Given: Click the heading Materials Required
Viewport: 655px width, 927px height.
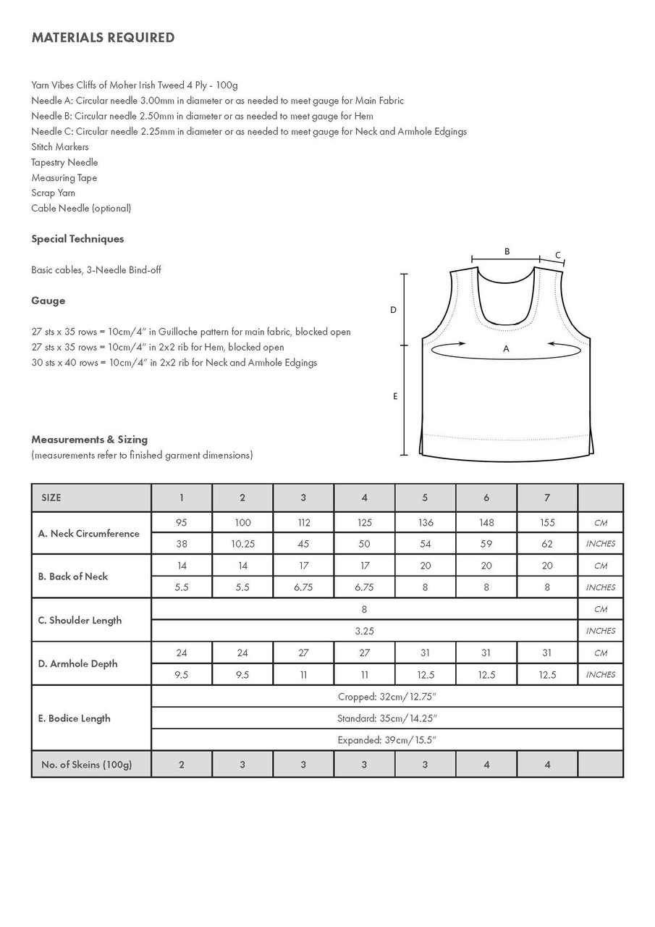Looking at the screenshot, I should pyautogui.click(x=103, y=38).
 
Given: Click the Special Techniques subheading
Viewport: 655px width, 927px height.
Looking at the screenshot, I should pyautogui.click(x=77, y=239).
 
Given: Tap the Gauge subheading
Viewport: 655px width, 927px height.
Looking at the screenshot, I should pyautogui.click(x=48, y=301).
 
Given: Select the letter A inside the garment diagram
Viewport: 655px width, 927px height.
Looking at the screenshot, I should pyautogui.click(x=506, y=349).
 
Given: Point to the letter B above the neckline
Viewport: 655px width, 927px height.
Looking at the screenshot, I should pyautogui.click(x=507, y=251).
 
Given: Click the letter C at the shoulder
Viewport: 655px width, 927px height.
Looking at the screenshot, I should pyautogui.click(x=558, y=255).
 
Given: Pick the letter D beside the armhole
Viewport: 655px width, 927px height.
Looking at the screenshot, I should pyautogui.click(x=393, y=310).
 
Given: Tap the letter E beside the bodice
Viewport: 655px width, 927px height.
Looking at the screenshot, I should pyautogui.click(x=395, y=396).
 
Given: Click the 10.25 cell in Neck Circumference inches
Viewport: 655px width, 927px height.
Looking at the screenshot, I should pyautogui.click(x=242, y=544).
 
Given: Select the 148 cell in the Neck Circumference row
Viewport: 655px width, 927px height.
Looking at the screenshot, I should pyautogui.click(x=486, y=522).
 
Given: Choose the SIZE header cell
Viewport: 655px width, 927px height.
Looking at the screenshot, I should pyautogui.click(x=51, y=498).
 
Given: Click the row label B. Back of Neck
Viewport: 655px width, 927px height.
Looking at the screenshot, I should pyautogui.click(x=73, y=576).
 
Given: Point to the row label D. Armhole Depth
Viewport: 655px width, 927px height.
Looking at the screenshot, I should pyautogui.click(x=77, y=663).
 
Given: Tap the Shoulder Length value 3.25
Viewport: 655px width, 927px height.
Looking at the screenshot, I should pyautogui.click(x=364, y=631).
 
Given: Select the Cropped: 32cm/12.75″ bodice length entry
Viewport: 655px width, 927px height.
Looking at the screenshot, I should pyautogui.click(x=387, y=697).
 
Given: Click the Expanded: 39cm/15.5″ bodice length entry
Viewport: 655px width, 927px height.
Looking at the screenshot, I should pyautogui.click(x=387, y=740).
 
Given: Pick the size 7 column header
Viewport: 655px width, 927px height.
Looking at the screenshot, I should pyautogui.click(x=547, y=498).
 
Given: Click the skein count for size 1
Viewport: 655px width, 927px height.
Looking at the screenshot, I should pyautogui.click(x=182, y=764).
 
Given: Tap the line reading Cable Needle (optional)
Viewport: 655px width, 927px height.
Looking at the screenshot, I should pyautogui.click(x=81, y=209).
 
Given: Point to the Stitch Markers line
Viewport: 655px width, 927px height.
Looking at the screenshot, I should pyautogui.click(x=60, y=147).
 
